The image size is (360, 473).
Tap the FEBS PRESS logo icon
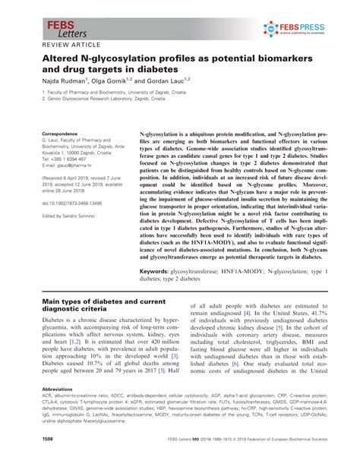click(x=272, y=29)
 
